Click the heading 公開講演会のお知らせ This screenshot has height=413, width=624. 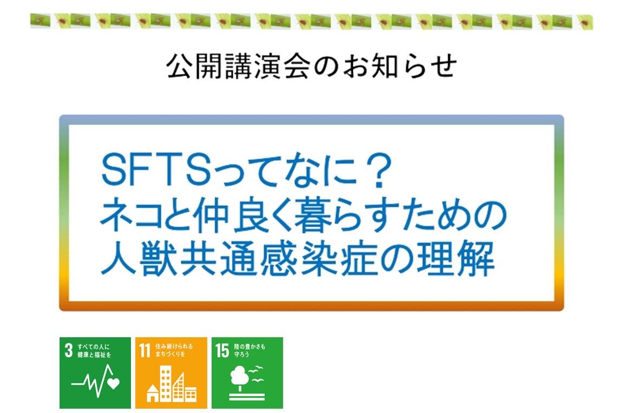311,66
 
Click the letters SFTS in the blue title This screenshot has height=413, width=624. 155,170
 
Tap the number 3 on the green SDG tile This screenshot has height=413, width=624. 69,351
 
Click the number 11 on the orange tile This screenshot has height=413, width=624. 144,351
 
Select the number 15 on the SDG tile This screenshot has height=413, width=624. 222,351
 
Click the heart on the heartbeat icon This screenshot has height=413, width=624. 114,383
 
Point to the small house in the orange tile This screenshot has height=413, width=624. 153,393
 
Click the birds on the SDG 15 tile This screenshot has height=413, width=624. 257,374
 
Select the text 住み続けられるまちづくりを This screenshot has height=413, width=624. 174,350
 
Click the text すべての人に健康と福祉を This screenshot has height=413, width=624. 94,351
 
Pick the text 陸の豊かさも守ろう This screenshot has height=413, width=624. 249,350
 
